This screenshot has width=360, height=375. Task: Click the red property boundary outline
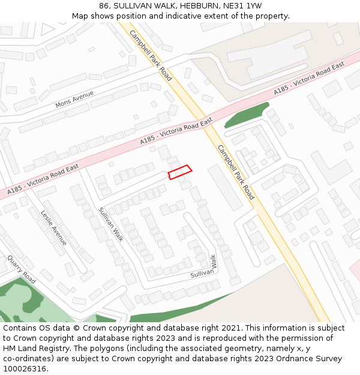(179, 172)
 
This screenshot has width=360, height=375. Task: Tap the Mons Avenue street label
(75, 100)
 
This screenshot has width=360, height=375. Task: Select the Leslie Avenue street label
(54, 227)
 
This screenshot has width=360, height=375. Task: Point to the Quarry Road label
(22, 270)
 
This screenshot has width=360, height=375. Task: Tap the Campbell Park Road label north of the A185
(151, 55)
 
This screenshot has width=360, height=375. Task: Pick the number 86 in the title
(104, 6)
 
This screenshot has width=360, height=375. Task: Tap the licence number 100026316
(25, 368)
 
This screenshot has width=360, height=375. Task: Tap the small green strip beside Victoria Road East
(247, 115)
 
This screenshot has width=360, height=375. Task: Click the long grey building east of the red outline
(225, 187)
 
